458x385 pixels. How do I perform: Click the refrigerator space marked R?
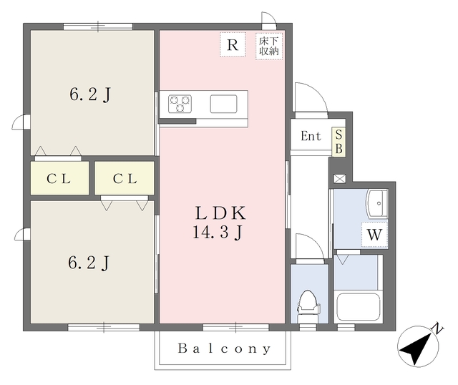coord(233,44)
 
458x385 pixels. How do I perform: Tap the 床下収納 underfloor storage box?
coord(269,47)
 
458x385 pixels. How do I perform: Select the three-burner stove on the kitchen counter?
coord(180,104)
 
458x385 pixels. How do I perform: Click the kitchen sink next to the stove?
coord(223,104)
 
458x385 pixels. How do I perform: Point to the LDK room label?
coord(220,213)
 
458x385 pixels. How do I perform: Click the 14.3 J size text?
coord(218,233)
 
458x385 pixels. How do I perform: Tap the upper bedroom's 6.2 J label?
coord(90,94)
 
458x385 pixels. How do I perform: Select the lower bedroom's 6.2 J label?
coord(89,263)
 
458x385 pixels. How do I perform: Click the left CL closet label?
coord(59,179)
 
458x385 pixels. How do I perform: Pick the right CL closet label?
coord(125,179)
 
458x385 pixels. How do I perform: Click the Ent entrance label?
coord(311,136)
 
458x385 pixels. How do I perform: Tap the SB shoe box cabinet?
coord(338,142)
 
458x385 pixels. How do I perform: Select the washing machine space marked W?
coord(374,235)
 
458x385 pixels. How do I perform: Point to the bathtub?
coord(358,307)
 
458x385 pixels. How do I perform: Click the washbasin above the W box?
coord(378,204)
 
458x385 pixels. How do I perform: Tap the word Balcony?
coord(224,349)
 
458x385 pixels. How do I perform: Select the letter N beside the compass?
coord(437,328)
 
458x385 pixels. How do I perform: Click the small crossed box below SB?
coord(340,179)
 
